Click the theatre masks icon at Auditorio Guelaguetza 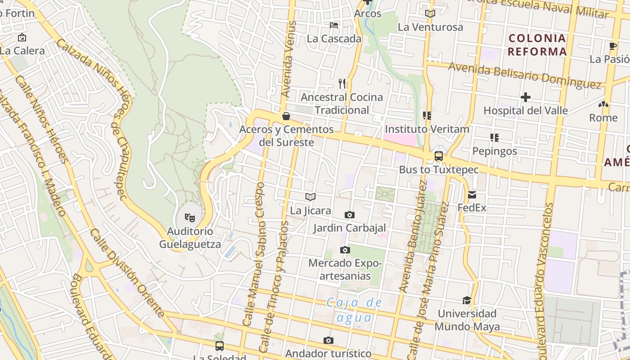coord(190,218)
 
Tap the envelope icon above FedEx coord(472,195)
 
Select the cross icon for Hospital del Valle coord(525,97)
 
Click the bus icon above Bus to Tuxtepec coord(438,156)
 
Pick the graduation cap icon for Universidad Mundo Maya coord(467,300)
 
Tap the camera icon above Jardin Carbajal coord(349,215)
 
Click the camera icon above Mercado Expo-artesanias coord(345,250)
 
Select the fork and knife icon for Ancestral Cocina coord(342,83)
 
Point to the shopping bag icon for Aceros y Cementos coord(286,117)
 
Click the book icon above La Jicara coord(310,197)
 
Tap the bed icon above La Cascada coord(334,25)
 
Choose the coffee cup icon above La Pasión coord(612,46)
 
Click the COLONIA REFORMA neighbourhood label coord(537,45)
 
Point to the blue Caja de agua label coord(354,310)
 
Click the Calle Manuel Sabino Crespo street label coord(253,254)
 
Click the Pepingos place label coord(495,151)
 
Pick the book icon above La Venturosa coord(430,13)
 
